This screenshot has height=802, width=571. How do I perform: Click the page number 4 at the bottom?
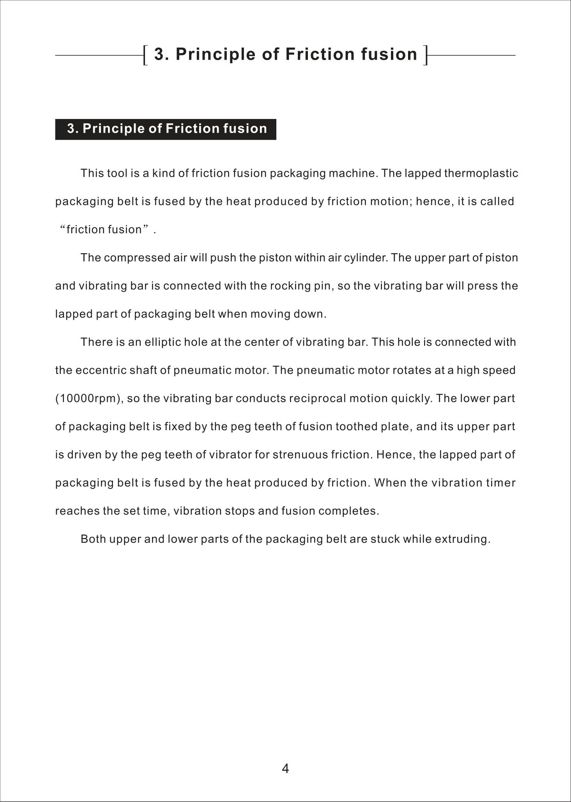(x=285, y=768)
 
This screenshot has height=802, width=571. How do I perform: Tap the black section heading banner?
(x=166, y=129)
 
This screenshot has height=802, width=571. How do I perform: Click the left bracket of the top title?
(x=145, y=55)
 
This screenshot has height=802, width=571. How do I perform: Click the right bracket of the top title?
(x=426, y=55)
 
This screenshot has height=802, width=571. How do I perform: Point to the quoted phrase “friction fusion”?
(x=104, y=229)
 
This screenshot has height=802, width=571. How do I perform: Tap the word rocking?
(x=285, y=286)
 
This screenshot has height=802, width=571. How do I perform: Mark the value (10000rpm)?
(x=88, y=399)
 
